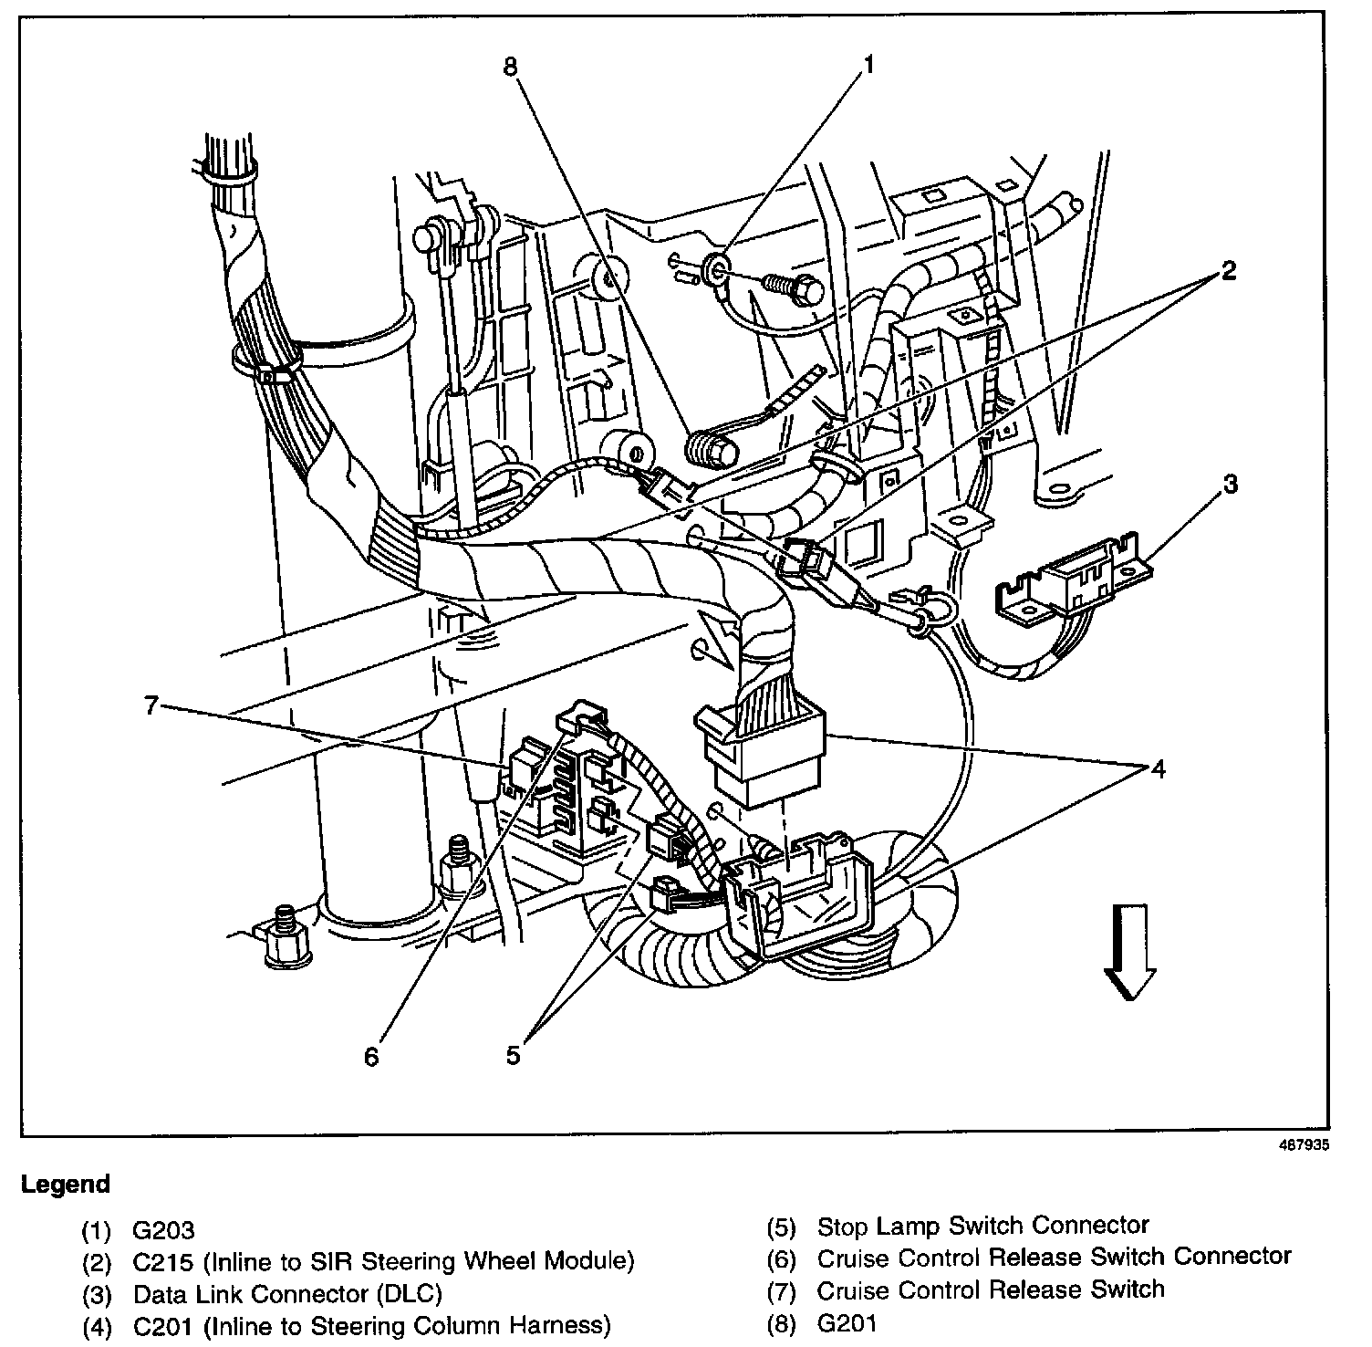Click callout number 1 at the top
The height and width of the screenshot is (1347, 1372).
point(868,65)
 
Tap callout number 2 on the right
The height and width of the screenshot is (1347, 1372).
point(1229,271)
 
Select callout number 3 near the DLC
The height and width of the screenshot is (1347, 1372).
point(1230,484)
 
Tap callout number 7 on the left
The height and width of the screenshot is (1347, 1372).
point(151,705)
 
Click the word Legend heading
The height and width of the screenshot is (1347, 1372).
point(65,1185)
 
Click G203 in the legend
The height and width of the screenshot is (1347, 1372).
point(164,1231)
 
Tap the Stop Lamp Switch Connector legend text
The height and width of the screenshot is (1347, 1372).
point(982,1227)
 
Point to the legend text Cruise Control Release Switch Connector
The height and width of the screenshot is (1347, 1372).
point(1054,1258)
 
